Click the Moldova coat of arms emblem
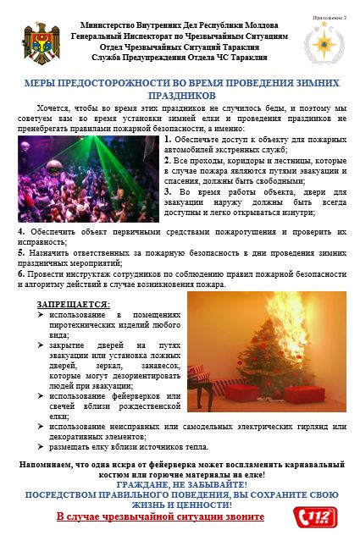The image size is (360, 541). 39,41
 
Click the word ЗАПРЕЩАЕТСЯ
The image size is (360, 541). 74,304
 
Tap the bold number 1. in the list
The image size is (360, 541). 168,139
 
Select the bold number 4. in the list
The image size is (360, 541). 20,231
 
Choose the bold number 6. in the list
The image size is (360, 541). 20,273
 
